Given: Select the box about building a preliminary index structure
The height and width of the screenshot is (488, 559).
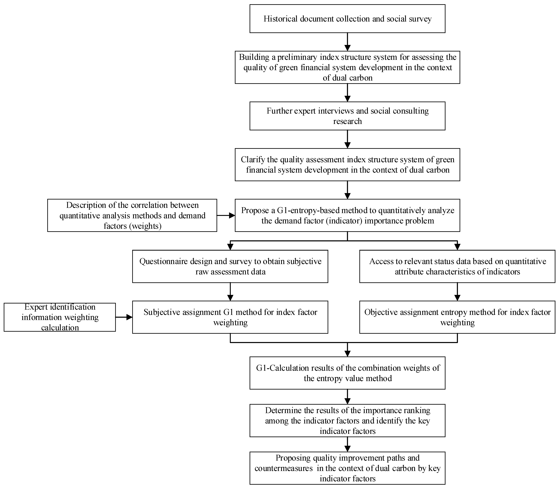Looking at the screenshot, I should (x=347, y=67).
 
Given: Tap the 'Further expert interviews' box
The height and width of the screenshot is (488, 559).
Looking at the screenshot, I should (x=347, y=116).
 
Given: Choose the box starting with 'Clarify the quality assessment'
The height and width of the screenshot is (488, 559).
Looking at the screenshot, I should (x=347, y=165).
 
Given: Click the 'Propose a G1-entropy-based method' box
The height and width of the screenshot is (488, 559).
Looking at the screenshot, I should (x=347, y=215).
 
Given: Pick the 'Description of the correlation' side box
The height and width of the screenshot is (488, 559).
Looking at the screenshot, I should (x=132, y=215).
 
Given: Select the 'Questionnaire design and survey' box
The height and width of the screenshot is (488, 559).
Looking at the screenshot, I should (x=230, y=266).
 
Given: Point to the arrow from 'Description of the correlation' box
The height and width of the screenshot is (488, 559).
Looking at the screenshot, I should (x=226, y=215).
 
